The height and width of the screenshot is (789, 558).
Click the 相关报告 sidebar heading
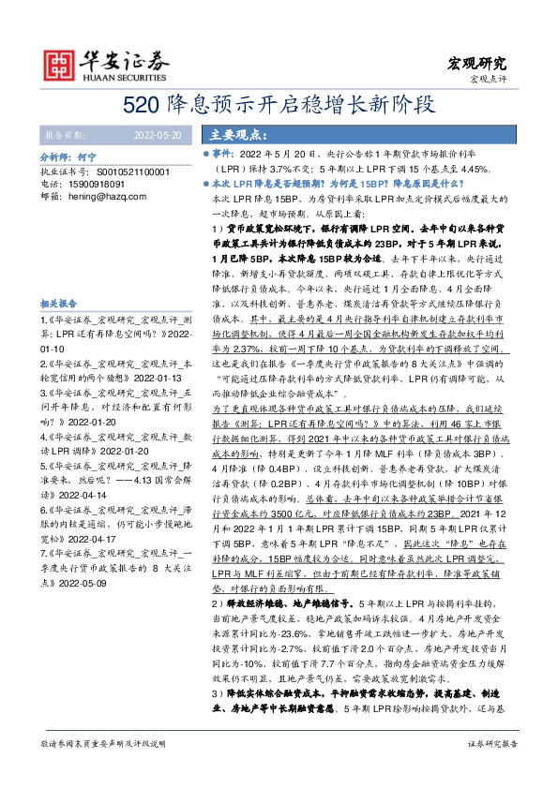point(61,305)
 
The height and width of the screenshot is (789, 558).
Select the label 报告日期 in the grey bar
point(66,135)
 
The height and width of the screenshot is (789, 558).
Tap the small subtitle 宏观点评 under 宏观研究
point(487,78)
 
